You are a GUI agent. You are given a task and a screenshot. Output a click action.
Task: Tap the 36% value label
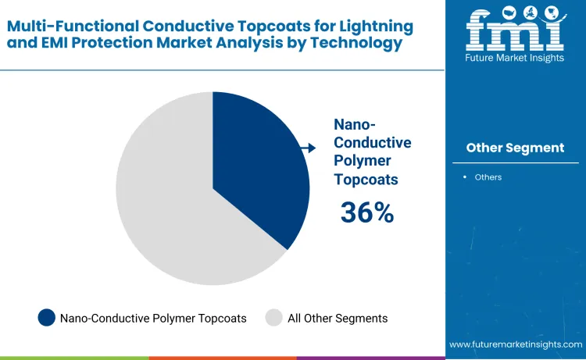(x=366, y=212)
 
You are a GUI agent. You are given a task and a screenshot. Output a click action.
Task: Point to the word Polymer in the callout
(x=363, y=161)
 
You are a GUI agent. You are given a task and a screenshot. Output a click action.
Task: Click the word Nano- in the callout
(x=356, y=124)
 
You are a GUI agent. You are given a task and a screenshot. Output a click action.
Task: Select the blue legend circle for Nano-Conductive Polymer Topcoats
(x=47, y=318)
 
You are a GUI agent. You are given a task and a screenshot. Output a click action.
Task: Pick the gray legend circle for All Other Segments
(x=273, y=318)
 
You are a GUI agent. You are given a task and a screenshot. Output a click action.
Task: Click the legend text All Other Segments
(x=338, y=318)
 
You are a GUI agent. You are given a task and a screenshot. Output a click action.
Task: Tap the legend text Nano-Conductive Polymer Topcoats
(x=153, y=318)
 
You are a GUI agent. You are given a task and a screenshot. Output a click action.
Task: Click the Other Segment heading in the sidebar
(x=515, y=148)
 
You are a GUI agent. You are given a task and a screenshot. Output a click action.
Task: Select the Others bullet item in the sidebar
(x=488, y=177)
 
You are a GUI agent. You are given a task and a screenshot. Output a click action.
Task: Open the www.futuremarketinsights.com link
(x=516, y=344)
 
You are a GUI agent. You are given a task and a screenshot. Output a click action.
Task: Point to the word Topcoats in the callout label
(x=366, y=179)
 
